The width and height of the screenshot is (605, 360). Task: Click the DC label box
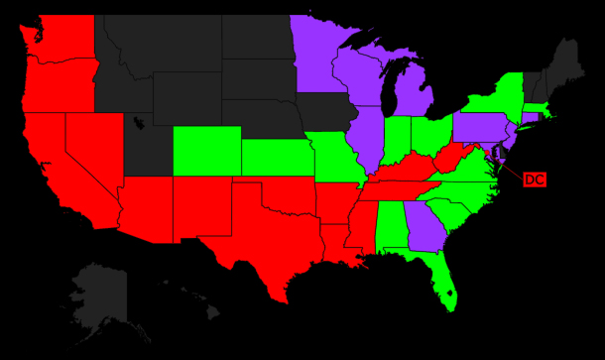click(x=534, y=180)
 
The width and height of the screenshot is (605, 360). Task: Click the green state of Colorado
click(x=206, y=151)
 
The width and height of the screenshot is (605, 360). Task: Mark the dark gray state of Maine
click(x=567, y=64)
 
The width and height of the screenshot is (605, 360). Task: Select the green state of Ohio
click(x=428, y=136)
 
